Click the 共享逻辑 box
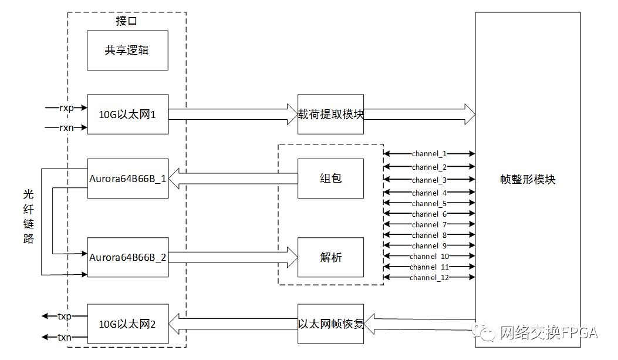(127, 51)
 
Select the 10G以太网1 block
(128, 115)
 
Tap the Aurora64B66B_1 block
(128, 179)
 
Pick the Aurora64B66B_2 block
(128, 257)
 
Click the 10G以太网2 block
(128, 324)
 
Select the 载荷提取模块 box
(330, 115)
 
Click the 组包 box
(330, 179)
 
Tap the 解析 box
(330, 257)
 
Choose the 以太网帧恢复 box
(330, 324)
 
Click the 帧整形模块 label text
(528, 179)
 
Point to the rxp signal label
(66, 107)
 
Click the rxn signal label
(66, 127)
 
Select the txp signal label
(65, 316)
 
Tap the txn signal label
(65, 337)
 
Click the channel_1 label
(429, 154)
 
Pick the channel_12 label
(429, 278)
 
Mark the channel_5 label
(429, 203)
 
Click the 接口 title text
(127, 21)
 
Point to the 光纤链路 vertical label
(28, 217)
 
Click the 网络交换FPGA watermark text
(549, 333)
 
